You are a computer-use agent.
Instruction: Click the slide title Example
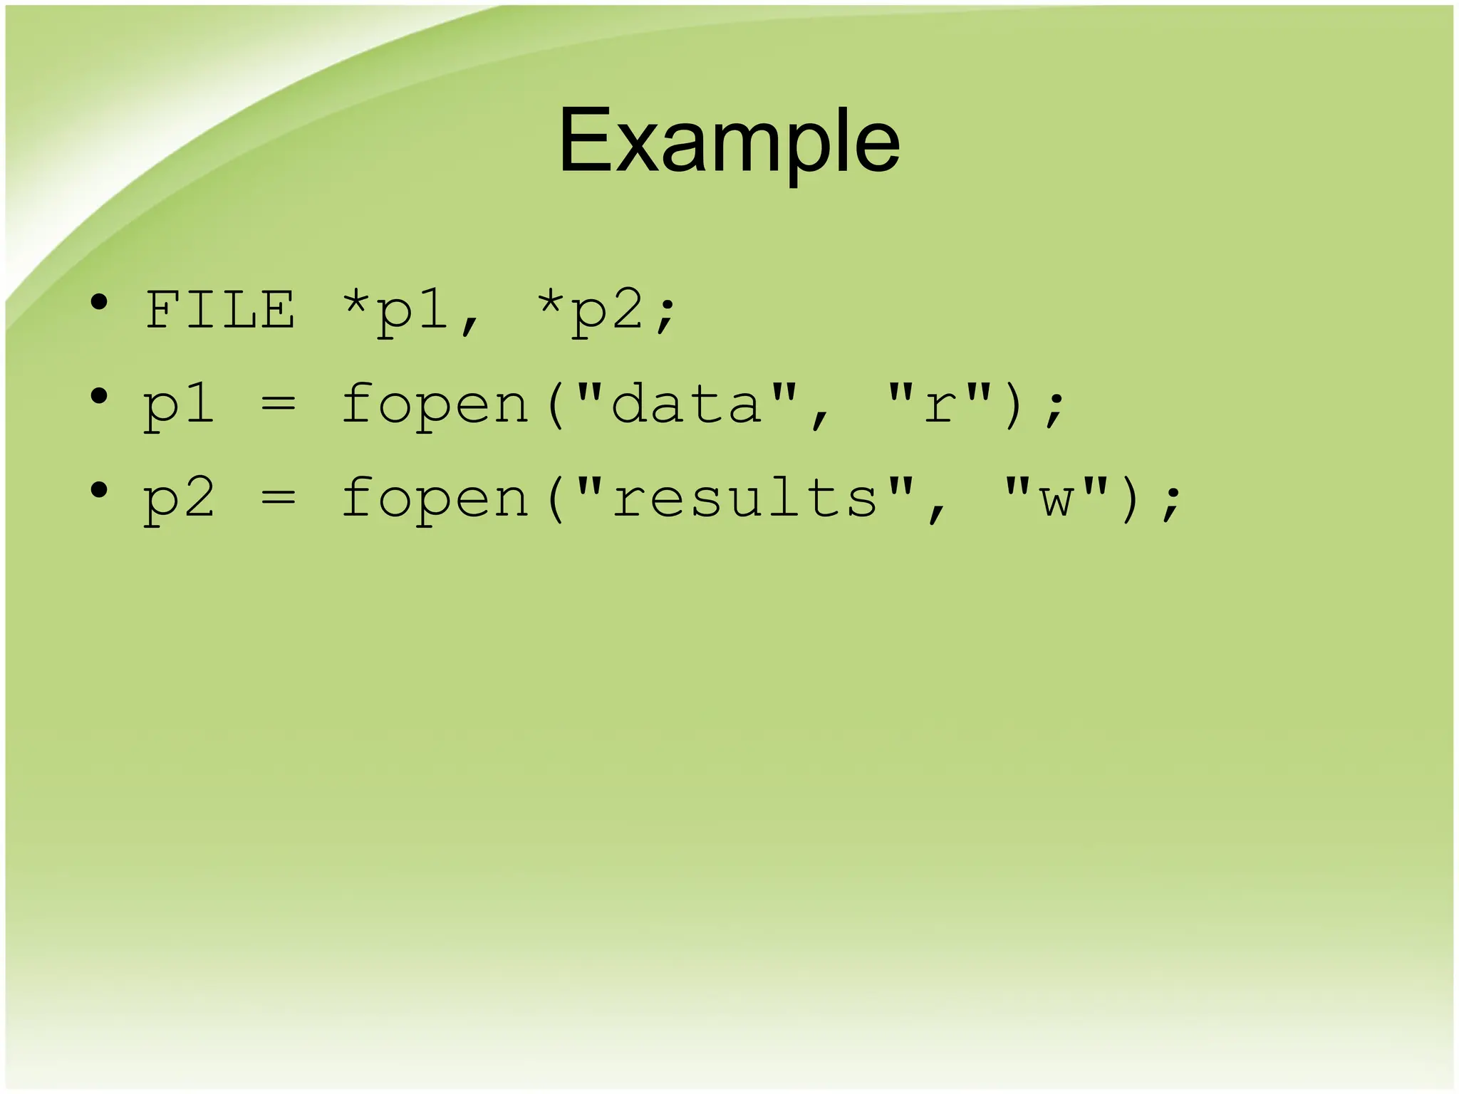pos(729,140)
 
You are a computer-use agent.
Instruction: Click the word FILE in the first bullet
pos(220,311)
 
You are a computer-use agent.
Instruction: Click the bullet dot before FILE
pos(100,303)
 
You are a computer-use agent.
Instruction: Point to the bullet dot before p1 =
pos(100,397)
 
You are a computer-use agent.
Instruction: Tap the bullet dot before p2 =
pos(100,490)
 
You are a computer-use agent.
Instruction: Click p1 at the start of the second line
pos(179,406)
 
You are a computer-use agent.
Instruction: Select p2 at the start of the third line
pos(179,499)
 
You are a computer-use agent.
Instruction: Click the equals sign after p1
pos(278,405)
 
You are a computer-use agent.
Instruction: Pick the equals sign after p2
pos(278,498)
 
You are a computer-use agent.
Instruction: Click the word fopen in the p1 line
pos(435,405)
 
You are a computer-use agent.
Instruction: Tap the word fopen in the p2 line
pos(435,498)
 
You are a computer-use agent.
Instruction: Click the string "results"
pos(744,496)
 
